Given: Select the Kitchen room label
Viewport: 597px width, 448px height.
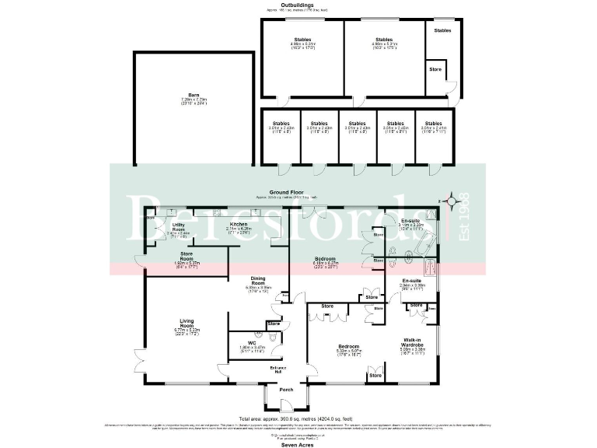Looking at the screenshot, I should click(238, 224).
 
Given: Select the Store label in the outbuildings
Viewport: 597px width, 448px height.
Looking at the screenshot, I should click(435, 70).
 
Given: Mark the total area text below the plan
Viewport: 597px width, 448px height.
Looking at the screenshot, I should click(298, 418).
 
